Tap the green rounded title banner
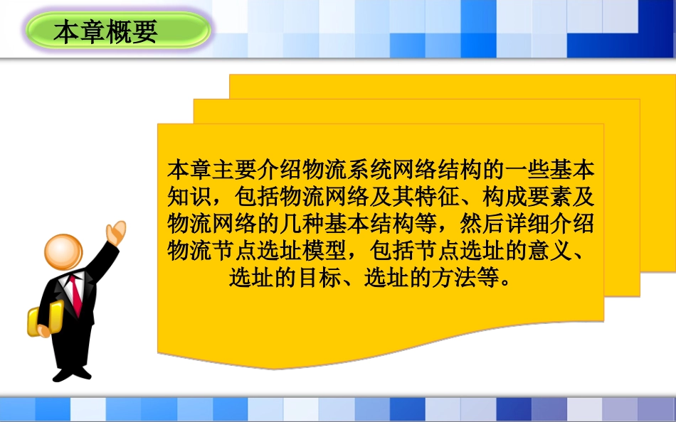(118, 32)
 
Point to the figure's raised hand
(115, 232)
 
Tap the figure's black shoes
(72, 373)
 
